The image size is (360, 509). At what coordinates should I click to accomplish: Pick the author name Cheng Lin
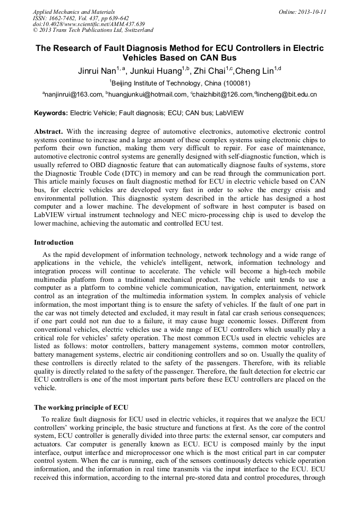click(254, 71)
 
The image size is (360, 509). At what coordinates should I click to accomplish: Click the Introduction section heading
click(54, 243)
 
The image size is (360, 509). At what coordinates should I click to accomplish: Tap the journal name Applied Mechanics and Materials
click(74, 12)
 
